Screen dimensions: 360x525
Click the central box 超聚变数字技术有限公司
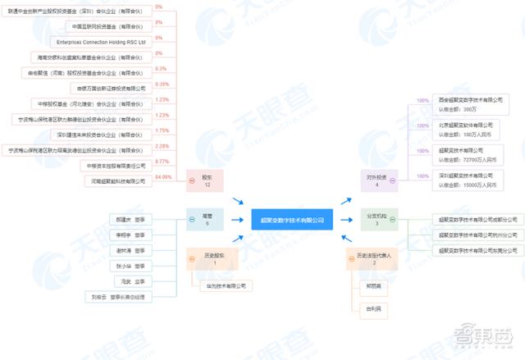pos(293,219)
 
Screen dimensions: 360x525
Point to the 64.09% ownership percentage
pos(162,177)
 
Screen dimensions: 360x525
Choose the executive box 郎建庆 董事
pos(130,219)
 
